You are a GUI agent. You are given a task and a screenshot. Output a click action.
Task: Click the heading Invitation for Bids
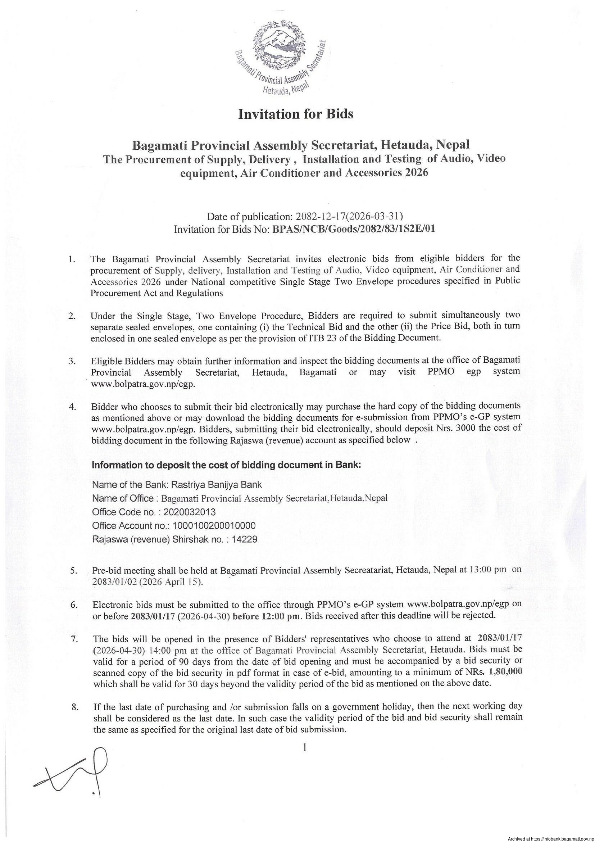[295, 114]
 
